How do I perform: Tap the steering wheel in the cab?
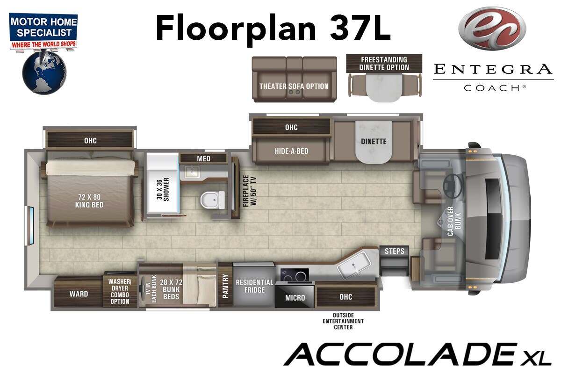pyautogui.click(x=453, y=186)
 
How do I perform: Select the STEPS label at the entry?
pyautogui.click(x=395, y=251)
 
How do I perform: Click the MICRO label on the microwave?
pyautogui.click(x=295, y=298)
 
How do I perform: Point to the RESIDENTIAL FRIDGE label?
pyautogui.click(x=254, y=286)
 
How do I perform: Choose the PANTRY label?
pyautogui.click(x=225, y=286)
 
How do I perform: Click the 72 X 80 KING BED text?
pyautogui.click(x=89, y=201)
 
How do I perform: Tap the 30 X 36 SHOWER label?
pyautogui.click(x=163, y=189)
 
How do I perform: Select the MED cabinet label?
pyautogui.click(x=204, y=158)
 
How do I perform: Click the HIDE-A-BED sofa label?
pyautogui.click(x=292, y=151)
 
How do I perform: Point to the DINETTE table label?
pyautogui.click(x=374, y=142)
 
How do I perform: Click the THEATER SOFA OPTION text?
pyautogui.click(x=294, y=86)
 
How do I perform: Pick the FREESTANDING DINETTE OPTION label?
pyautogui.click(x=384, y=64)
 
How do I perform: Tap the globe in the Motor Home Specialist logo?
pyautogui.click(x=44, y=72)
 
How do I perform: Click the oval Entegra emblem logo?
pyautogui.click(x=492, y=29)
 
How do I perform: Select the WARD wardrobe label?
pyautogui.click(x=79, y=294)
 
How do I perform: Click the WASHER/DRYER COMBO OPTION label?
pyautogui.click(x=120, y=291)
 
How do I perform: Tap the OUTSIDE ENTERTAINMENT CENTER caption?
pyautogui.click(x=343, y=321)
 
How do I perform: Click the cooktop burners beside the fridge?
pyautogui.click(x=295, y=275)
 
